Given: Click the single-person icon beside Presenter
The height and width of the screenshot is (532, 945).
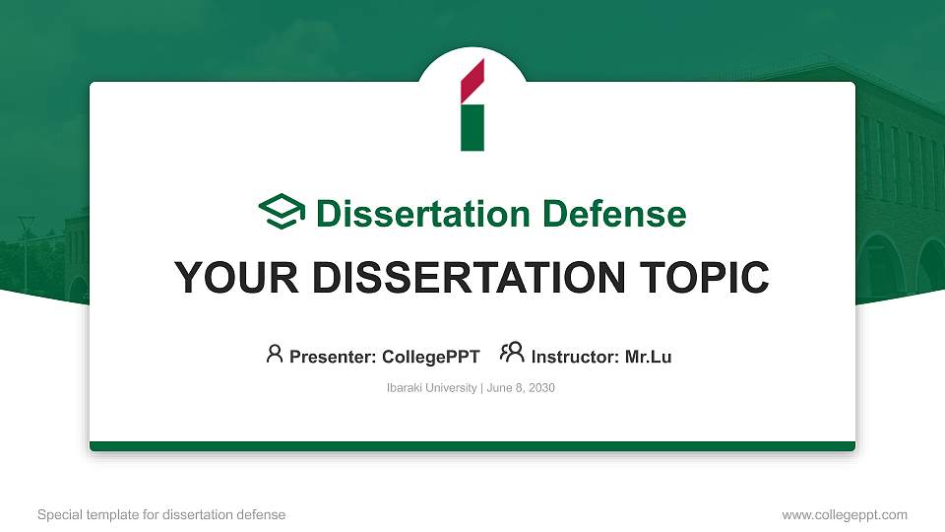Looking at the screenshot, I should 275,354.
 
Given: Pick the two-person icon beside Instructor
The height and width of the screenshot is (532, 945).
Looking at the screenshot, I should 512,353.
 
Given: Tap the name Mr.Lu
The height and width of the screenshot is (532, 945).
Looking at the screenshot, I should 648,357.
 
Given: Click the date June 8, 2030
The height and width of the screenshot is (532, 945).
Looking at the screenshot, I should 521,388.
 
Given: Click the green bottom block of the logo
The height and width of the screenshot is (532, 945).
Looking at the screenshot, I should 472,128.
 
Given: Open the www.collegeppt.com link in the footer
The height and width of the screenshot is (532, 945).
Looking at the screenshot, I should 844,514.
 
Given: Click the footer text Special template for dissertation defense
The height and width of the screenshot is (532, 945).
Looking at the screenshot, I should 161,514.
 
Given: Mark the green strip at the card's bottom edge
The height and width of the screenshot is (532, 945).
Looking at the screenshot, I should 472,446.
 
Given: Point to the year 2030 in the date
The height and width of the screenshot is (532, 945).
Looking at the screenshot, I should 542,388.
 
